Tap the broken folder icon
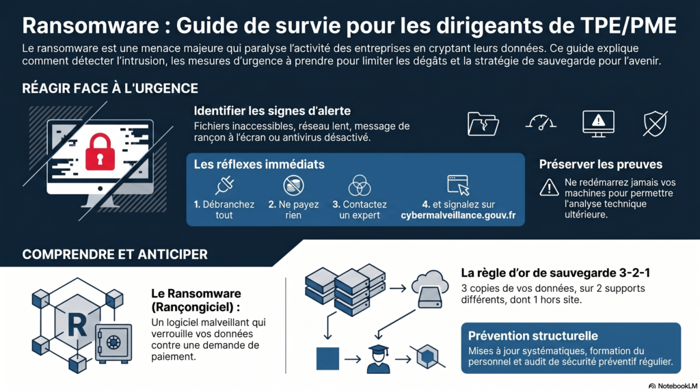pyautogui.click(x=483, y=124)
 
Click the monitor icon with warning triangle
pyautogui.click(x=598, y=124)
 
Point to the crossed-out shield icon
pyautogui.click(x=655, y=124)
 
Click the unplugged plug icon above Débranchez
pyautogui.click(x=224, y=185)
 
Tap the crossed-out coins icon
pyautogui.click(x=293, y=185)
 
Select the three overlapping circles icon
pyautogui.click(x=360, y=185)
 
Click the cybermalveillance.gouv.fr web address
pyautogui.click(x=458, y=215)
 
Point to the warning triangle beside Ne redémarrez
pyautogui.click(x=549, y=187)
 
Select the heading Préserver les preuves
pyautogui.click(x=600, y=164)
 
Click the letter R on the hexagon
pyautogui.click(x=77, y=325)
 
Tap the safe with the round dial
pyautogui.click(x=113, y=342)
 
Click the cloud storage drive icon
pyautogui.click(x=430, y=289)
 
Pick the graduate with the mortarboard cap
pyautogui.click(x=378, y=359)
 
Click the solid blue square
pyautogui.click(x=327, y=358)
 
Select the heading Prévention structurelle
pyautogui.click(x=533, y=336)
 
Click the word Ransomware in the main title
pyautogui.click(x=91, y=25)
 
